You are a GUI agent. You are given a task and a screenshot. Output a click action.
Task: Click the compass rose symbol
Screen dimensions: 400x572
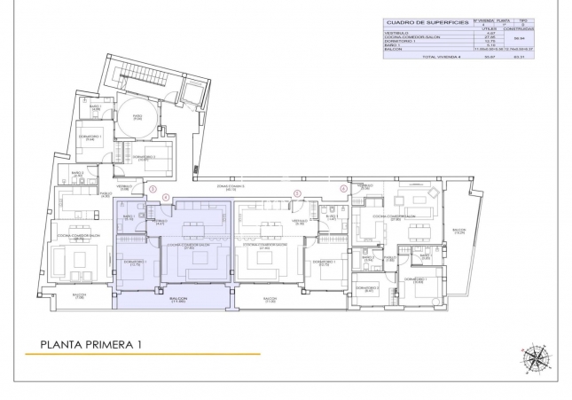[535, 357]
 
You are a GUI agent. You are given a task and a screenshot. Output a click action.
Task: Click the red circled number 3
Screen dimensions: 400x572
[153, 188]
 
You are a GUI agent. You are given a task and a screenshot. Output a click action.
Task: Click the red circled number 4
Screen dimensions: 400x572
[167, 199]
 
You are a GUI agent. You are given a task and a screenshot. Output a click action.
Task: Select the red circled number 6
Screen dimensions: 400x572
[344, 188]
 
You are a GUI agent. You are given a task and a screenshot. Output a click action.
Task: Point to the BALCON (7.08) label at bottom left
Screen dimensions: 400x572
[79, 295]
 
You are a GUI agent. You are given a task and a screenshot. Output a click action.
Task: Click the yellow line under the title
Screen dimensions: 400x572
[142, 355]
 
